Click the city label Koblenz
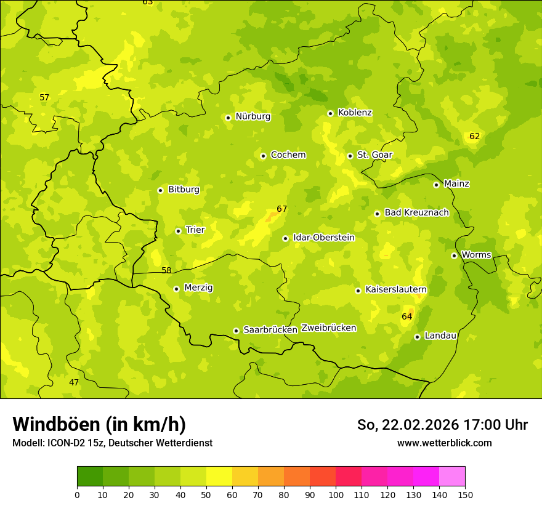point(355,113)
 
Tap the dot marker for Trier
point(179,231)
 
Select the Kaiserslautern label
point(396,289)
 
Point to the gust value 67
point(281,209)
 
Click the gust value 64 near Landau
point(407,316)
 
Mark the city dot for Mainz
point(436,185)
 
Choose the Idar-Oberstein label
point(324,238)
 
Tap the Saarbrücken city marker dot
point(236,331)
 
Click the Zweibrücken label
point(328,328)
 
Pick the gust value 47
point(74,382)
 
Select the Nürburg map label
point(253,116)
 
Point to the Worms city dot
point(454,255)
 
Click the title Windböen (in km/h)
point(99,424)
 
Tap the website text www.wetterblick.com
point(444,443)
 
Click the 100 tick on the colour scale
point(336,494)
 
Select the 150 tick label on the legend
point(465,494)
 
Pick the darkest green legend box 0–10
point(90,476)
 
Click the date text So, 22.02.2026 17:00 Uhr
point(442,425)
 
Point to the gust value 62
point(474,136)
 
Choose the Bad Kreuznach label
point(416,212)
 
